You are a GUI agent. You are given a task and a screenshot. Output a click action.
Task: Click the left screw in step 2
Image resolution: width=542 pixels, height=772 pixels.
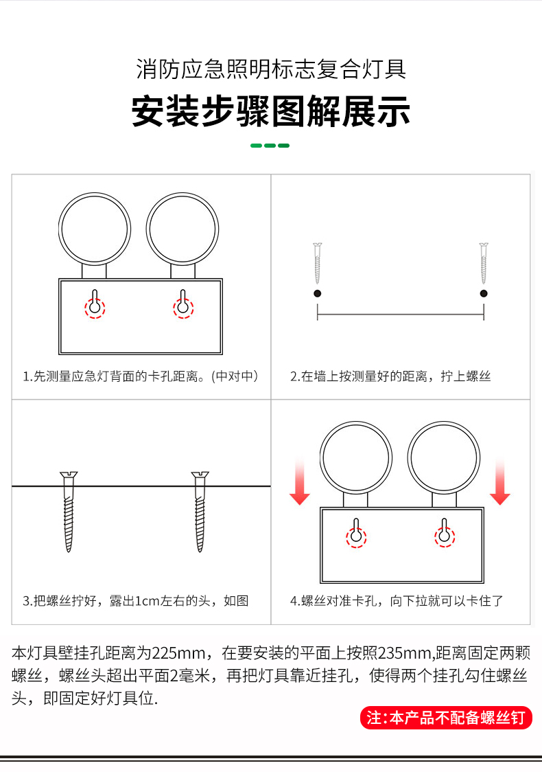click(x=317, y=263)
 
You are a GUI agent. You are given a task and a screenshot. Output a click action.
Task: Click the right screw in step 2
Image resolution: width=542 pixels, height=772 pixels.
click(x=484, y=263)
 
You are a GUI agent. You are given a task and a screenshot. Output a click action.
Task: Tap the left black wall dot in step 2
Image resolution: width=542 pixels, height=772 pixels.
click(x=317, y=293)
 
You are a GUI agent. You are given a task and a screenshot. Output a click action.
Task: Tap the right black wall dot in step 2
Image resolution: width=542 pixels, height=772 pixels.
click(x=484, y=293)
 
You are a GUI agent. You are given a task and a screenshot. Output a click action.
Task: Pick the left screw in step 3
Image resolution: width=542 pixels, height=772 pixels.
click(x=69, y=512)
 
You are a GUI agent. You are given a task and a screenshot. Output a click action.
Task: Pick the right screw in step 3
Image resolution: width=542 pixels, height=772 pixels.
click(x=200, y=512)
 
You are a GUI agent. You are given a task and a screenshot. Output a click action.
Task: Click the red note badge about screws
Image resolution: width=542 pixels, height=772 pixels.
click(x=446, y=718)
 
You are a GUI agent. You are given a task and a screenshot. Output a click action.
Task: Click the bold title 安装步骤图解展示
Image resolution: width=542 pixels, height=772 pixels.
click(x=270, y=112)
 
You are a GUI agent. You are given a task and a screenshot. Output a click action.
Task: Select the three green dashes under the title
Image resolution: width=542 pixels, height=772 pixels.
click(x=270, y=145)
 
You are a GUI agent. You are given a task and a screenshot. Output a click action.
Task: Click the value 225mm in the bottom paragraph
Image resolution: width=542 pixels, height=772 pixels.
click(x=178, y=653)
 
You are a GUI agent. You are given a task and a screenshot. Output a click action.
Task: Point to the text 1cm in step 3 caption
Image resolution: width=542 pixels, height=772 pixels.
click(x=147, y=601)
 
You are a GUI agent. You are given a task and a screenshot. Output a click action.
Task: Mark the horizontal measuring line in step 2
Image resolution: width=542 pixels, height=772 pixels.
click(x=401, y=314)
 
